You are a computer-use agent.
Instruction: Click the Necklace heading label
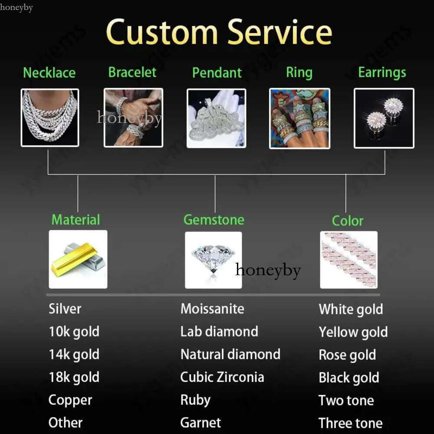(x=49, y=72)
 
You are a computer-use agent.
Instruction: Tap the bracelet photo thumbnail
(x=133, y=118)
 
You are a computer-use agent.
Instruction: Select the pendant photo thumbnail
(x=216, y=118)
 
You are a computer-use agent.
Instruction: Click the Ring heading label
(x=299, y=72)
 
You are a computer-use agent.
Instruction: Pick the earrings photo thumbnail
(x=384, y=118)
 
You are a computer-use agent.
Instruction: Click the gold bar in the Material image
(x=74, y=260)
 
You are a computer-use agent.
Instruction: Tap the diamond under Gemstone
(x=213, y=259)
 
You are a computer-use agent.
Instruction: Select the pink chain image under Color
(x=349, y=260)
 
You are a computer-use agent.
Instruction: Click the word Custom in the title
(x=162, y=32)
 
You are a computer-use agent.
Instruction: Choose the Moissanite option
(x=212, y=309)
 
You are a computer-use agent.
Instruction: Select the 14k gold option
(x=74, y=354)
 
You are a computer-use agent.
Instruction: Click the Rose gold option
(x=347, y=355)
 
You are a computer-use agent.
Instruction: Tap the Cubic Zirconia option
(x=222, y=377)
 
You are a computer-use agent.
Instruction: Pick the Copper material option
(x=70, y=400)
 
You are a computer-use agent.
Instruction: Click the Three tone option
(x=350, y=423)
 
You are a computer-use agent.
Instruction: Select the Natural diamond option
(x=230, y=354)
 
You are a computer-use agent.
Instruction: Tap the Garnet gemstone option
(x=201, y=422)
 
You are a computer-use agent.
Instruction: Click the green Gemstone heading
(x=214, y=220)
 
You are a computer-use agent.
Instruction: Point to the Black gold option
(x=349, y=378)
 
